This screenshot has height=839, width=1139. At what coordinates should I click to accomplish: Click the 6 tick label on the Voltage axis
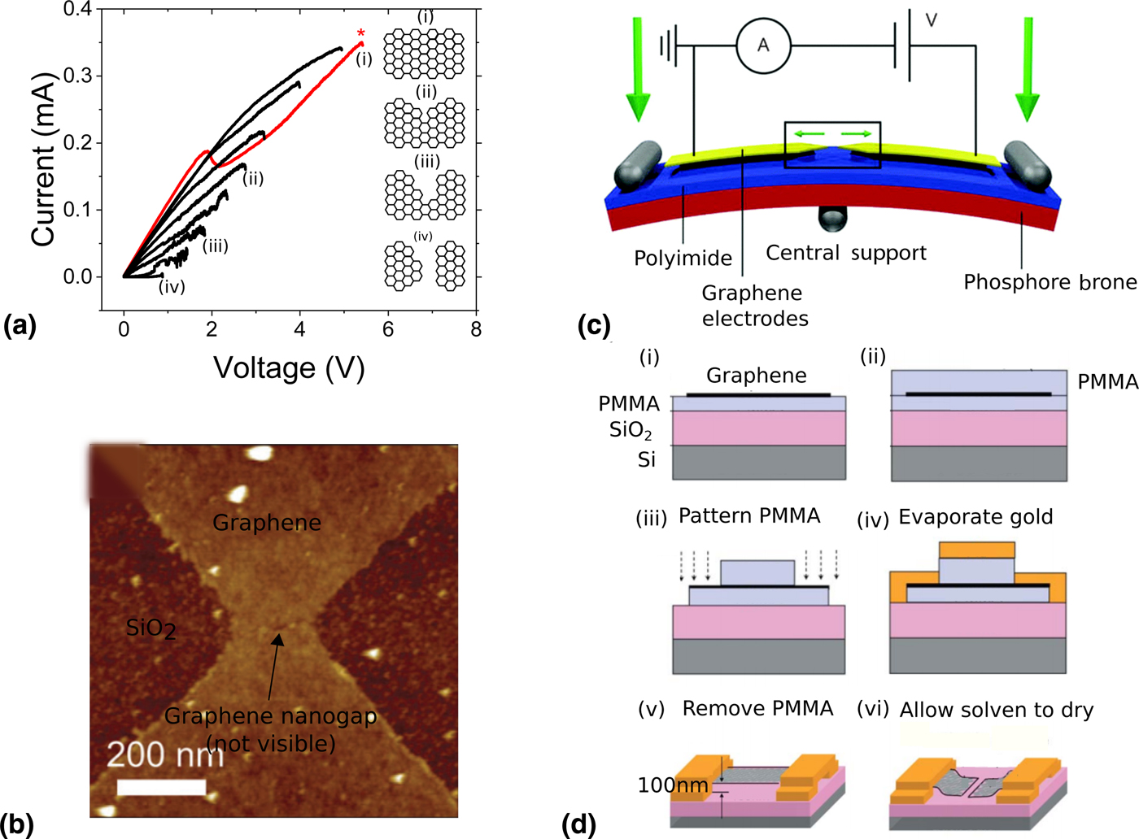point(388,329)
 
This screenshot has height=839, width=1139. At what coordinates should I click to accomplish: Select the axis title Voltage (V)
point(289,368)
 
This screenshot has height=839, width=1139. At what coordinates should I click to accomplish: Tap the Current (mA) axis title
point(42,159)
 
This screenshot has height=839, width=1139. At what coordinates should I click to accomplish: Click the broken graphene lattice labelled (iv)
point(425,266)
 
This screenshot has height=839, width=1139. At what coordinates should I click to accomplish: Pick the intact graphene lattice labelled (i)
point(424,54)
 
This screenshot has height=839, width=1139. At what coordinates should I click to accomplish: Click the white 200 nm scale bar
point(161,787)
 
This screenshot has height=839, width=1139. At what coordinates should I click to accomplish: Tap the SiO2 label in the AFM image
point(151,628)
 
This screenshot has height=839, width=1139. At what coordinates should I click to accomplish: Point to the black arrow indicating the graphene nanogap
point(273,667)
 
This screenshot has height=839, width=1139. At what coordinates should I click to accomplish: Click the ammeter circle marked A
point(763,46)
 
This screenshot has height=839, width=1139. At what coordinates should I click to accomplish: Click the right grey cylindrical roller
point(1027,166)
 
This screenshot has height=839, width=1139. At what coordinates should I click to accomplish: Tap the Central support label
point(846,253)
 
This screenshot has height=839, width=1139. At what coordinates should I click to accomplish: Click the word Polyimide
point(683,259)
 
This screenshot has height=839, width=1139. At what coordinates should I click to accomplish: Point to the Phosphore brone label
point(1050,282)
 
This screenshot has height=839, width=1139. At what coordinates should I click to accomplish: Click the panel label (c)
point(594,326)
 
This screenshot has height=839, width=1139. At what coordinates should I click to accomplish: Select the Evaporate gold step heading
point(975,517)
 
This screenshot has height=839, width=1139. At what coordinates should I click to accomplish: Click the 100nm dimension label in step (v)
point(673,785)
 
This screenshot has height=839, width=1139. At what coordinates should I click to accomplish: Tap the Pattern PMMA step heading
point(748,516)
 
